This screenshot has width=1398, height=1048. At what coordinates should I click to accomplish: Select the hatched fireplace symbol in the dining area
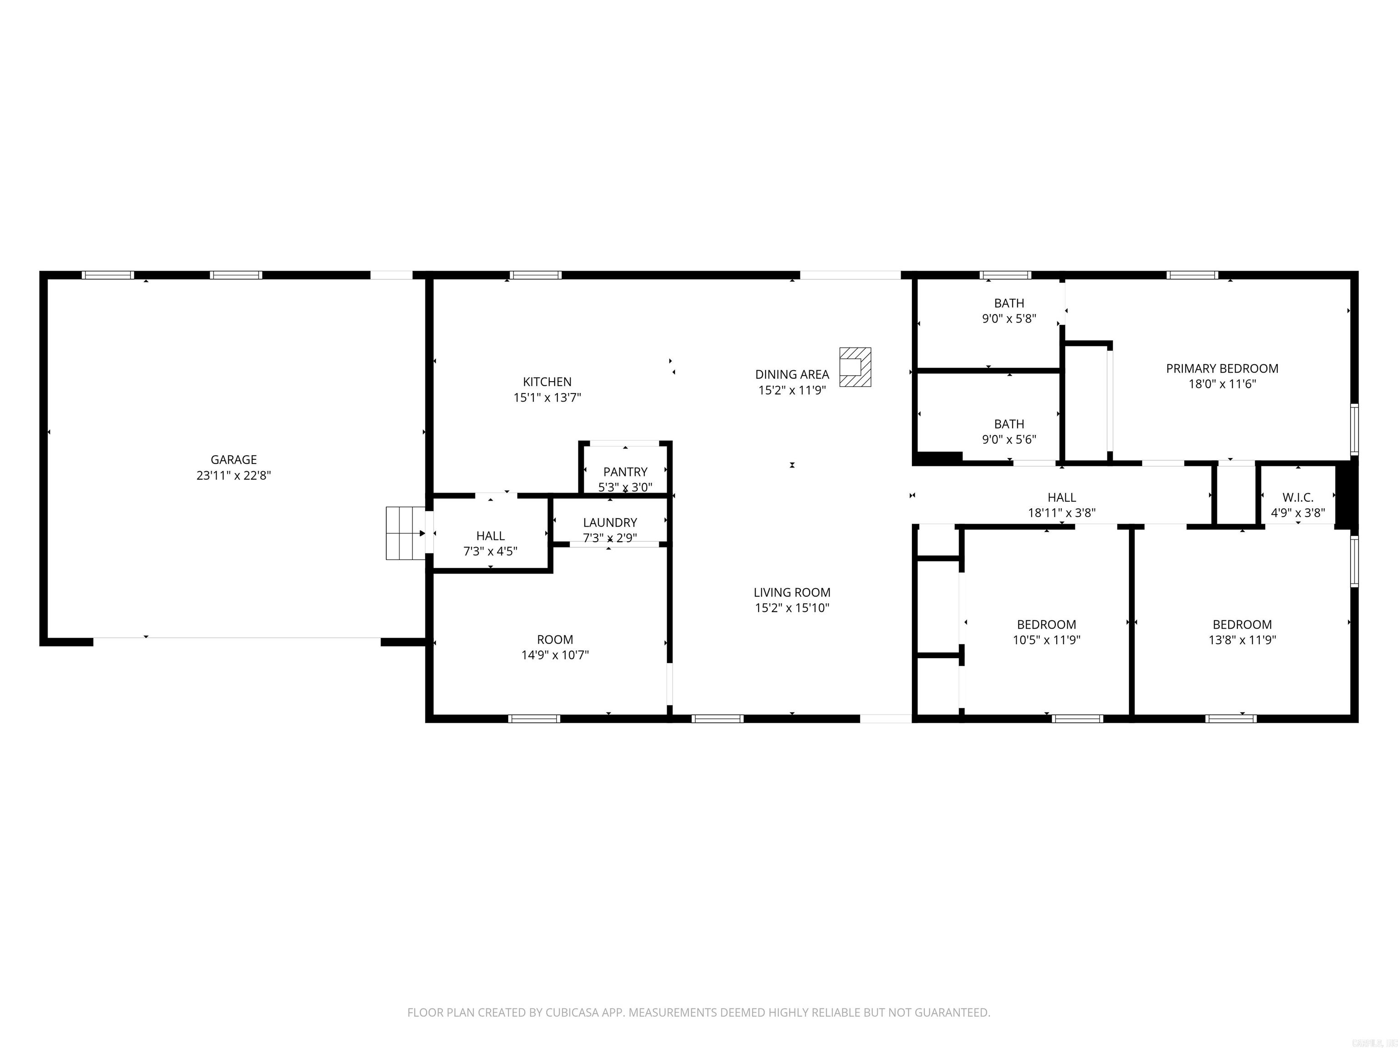pyautogui.click(x=855, y=367)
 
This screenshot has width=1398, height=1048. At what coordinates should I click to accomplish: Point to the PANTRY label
pyautogui.click(x=625, y=472)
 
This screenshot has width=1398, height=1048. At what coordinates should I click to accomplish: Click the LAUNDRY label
pyautogui.click(x=610, y=523)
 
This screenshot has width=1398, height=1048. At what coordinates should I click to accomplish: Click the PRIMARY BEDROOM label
pyautogui.click(x=1222, y=368)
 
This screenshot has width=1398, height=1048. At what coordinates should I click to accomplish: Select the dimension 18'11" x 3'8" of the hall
pyautogui.click(x=1061, y=513)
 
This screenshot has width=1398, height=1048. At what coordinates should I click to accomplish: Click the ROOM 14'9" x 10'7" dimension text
pyautogui.click(x=554, y=655)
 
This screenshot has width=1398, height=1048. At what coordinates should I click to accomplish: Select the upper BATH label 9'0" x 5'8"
pyautogui.click(x=1009, y=303)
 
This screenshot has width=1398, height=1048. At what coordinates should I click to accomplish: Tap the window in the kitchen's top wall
pyautogui.click(x=535, y=275)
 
